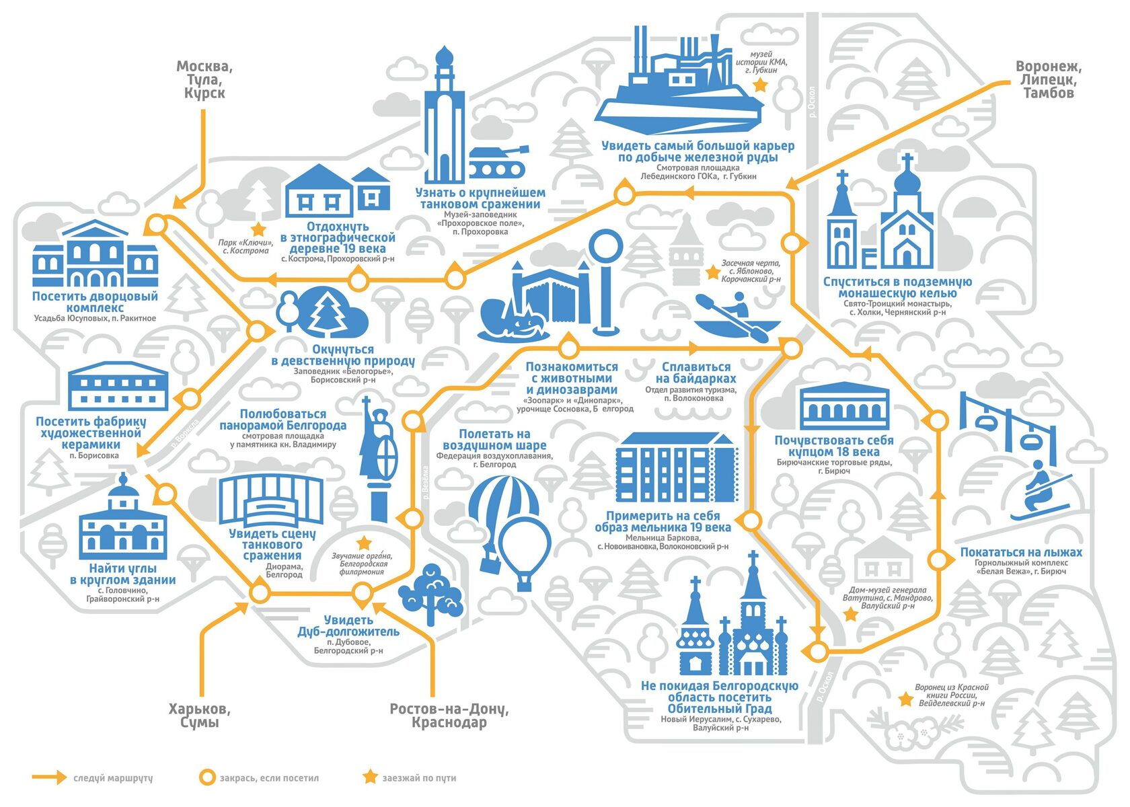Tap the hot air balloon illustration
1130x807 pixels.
[510, 531]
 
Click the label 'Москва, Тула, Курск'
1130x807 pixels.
[204, 79]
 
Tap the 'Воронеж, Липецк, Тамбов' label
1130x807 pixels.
[1048, 79]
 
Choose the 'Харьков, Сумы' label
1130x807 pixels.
[199, 716]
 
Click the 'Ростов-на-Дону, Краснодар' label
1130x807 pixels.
[449, 716]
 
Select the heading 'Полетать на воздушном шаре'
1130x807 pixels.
[494, 439]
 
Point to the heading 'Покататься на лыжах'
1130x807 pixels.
[1021, 552]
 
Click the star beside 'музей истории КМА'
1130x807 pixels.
[760, 85]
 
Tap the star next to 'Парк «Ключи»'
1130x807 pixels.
[258, 229]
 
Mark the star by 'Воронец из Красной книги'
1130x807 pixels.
[906, 699]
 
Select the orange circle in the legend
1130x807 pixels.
[207, 777]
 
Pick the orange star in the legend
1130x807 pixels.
[370, 777]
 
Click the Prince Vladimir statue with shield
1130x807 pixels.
[378, 457]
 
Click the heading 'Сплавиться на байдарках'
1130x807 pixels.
[695, 373]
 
